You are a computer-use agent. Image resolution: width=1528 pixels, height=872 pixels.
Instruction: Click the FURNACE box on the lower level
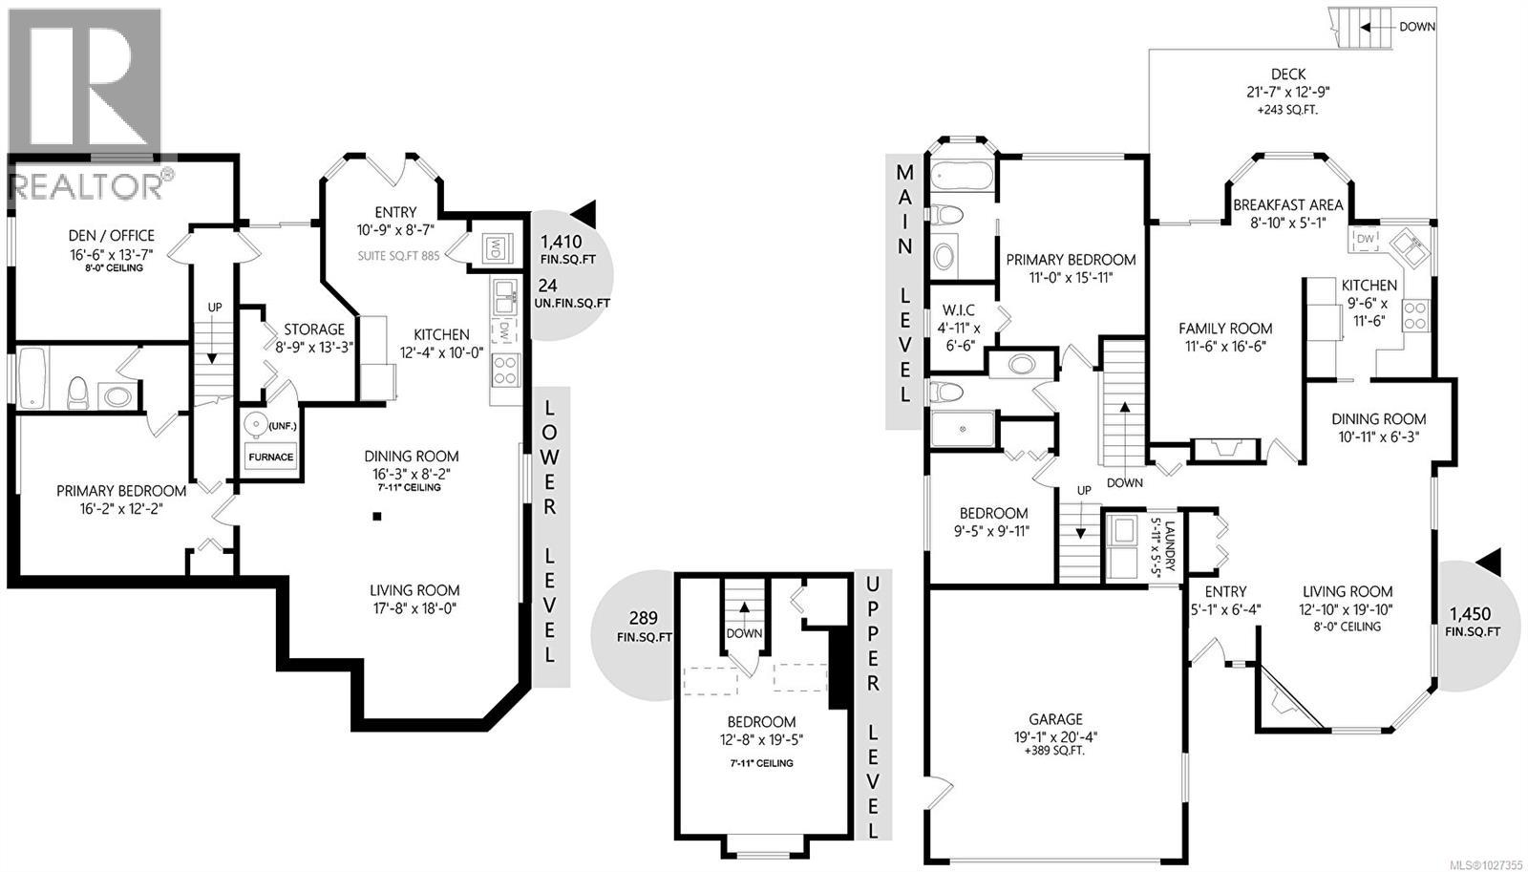(x=271, y=457)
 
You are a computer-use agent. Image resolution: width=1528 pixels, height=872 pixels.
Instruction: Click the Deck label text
(x=1288, y=74)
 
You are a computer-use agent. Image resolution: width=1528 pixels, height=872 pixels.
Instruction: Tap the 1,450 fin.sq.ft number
(x=1470, y=614)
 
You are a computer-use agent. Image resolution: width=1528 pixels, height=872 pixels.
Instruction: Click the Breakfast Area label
(x=1287, y=205)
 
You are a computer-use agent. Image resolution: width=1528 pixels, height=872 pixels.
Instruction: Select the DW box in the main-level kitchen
(x=1366, y=239)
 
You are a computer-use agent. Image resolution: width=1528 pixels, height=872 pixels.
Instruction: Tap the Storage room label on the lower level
(x=313, y=330)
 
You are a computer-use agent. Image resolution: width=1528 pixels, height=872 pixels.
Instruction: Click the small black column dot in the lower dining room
(x=377, y=517)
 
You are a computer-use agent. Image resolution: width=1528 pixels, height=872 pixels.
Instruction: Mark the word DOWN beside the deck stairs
(x=1417, y=27)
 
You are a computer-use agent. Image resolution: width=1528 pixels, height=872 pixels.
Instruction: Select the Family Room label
(x=1225, y=329)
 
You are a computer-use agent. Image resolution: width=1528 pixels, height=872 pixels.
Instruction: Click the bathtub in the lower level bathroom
(x=32, y=379)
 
